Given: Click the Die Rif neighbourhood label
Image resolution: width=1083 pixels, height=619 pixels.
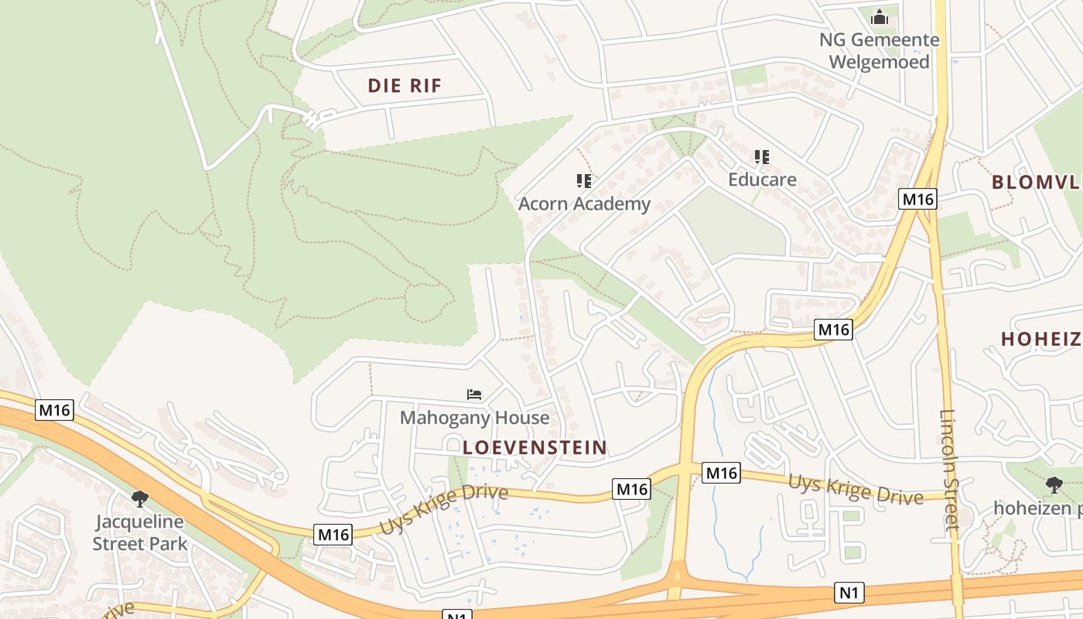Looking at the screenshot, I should click(405, 86).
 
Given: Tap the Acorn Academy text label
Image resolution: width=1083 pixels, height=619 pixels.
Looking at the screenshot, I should click(584, 203).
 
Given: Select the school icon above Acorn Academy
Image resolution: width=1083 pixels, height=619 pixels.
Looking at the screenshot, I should click(584, 181).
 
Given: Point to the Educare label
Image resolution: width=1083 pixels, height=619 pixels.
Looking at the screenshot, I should click(762, 180).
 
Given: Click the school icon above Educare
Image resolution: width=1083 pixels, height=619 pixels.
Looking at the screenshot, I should click(762, 157).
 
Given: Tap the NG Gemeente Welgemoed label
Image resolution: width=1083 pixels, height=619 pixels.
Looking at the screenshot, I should click(880, 50).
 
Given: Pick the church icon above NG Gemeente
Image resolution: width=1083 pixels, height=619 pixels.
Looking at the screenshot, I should click(880, 17).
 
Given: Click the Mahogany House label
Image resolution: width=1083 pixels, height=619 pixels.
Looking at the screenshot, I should click(475, 418).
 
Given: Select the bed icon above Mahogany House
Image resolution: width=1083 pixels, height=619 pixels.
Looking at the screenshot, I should click(474, 395).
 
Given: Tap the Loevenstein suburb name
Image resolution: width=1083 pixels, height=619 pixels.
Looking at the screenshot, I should click(535, 447).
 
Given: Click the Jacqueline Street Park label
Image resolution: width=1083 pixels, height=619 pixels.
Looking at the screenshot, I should click(140, 532).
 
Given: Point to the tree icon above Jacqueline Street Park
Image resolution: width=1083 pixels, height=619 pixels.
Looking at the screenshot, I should click(140, 498).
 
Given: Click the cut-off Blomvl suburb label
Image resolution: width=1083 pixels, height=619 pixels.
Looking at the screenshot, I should click(1037, 183).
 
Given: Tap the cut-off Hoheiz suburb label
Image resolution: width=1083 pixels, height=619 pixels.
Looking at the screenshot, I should click(1041, 339).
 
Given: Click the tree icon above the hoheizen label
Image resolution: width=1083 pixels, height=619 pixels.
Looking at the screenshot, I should click(1054, 485).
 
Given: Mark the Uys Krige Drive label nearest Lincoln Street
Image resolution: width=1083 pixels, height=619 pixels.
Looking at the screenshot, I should click(856, 487).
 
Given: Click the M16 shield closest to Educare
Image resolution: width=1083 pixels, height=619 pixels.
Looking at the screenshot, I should click(918, 200).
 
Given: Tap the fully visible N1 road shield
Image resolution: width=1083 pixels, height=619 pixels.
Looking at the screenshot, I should click(849, 593).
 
